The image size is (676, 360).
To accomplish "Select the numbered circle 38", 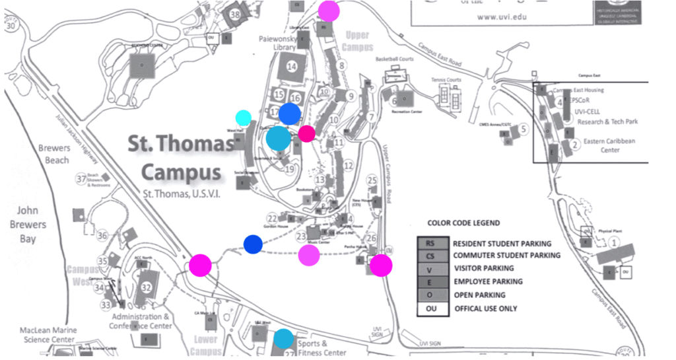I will coord(235,14).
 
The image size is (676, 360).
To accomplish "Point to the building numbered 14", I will coord(291,66).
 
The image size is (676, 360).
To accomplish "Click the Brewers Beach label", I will coord(53,154).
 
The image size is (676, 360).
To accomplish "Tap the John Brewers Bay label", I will coord(27,224).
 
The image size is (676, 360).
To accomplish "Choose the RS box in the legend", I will coord(430,242).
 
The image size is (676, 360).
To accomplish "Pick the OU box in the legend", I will coord(430,308).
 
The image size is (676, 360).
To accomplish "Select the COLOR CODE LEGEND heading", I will coord(463,223).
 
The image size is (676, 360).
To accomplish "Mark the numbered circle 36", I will coord(102,236).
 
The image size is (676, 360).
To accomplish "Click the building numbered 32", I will coord(147,286).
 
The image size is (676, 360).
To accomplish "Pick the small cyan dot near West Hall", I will coord(244,118).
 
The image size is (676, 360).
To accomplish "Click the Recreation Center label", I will coord(406,112).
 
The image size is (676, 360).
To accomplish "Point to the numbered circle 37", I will coord(82,179).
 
